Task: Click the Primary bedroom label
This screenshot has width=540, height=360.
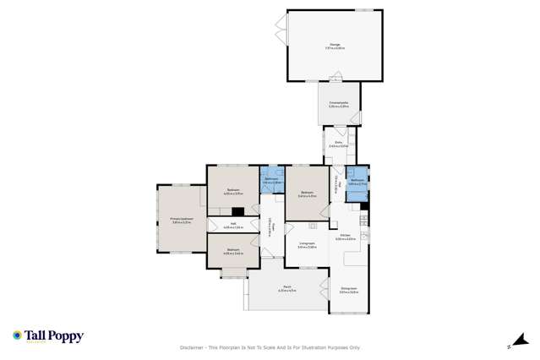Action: [182, 220]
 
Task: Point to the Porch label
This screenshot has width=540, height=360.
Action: [286, 289]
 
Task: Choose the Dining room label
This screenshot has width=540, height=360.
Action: [348, 290]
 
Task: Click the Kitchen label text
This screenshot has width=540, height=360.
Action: [345, 237]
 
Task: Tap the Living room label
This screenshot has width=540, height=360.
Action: [307, 246]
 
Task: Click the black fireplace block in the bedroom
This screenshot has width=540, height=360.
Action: [237, 211]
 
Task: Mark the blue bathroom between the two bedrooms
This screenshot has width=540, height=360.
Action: [271, 180]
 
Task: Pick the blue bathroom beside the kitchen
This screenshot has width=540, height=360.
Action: [357, 180]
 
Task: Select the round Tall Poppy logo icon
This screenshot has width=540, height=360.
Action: [17, 336]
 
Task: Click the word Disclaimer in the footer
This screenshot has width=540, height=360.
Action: [194, 347]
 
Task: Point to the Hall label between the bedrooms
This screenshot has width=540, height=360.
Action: [233, 226]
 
